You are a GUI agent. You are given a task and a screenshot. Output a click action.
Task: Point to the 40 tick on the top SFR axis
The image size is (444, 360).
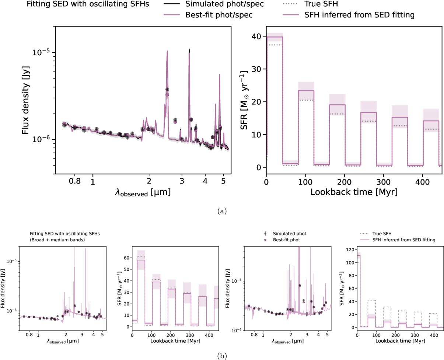(258, 36)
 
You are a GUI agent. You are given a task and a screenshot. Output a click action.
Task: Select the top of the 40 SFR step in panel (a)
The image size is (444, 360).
(275, 37)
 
